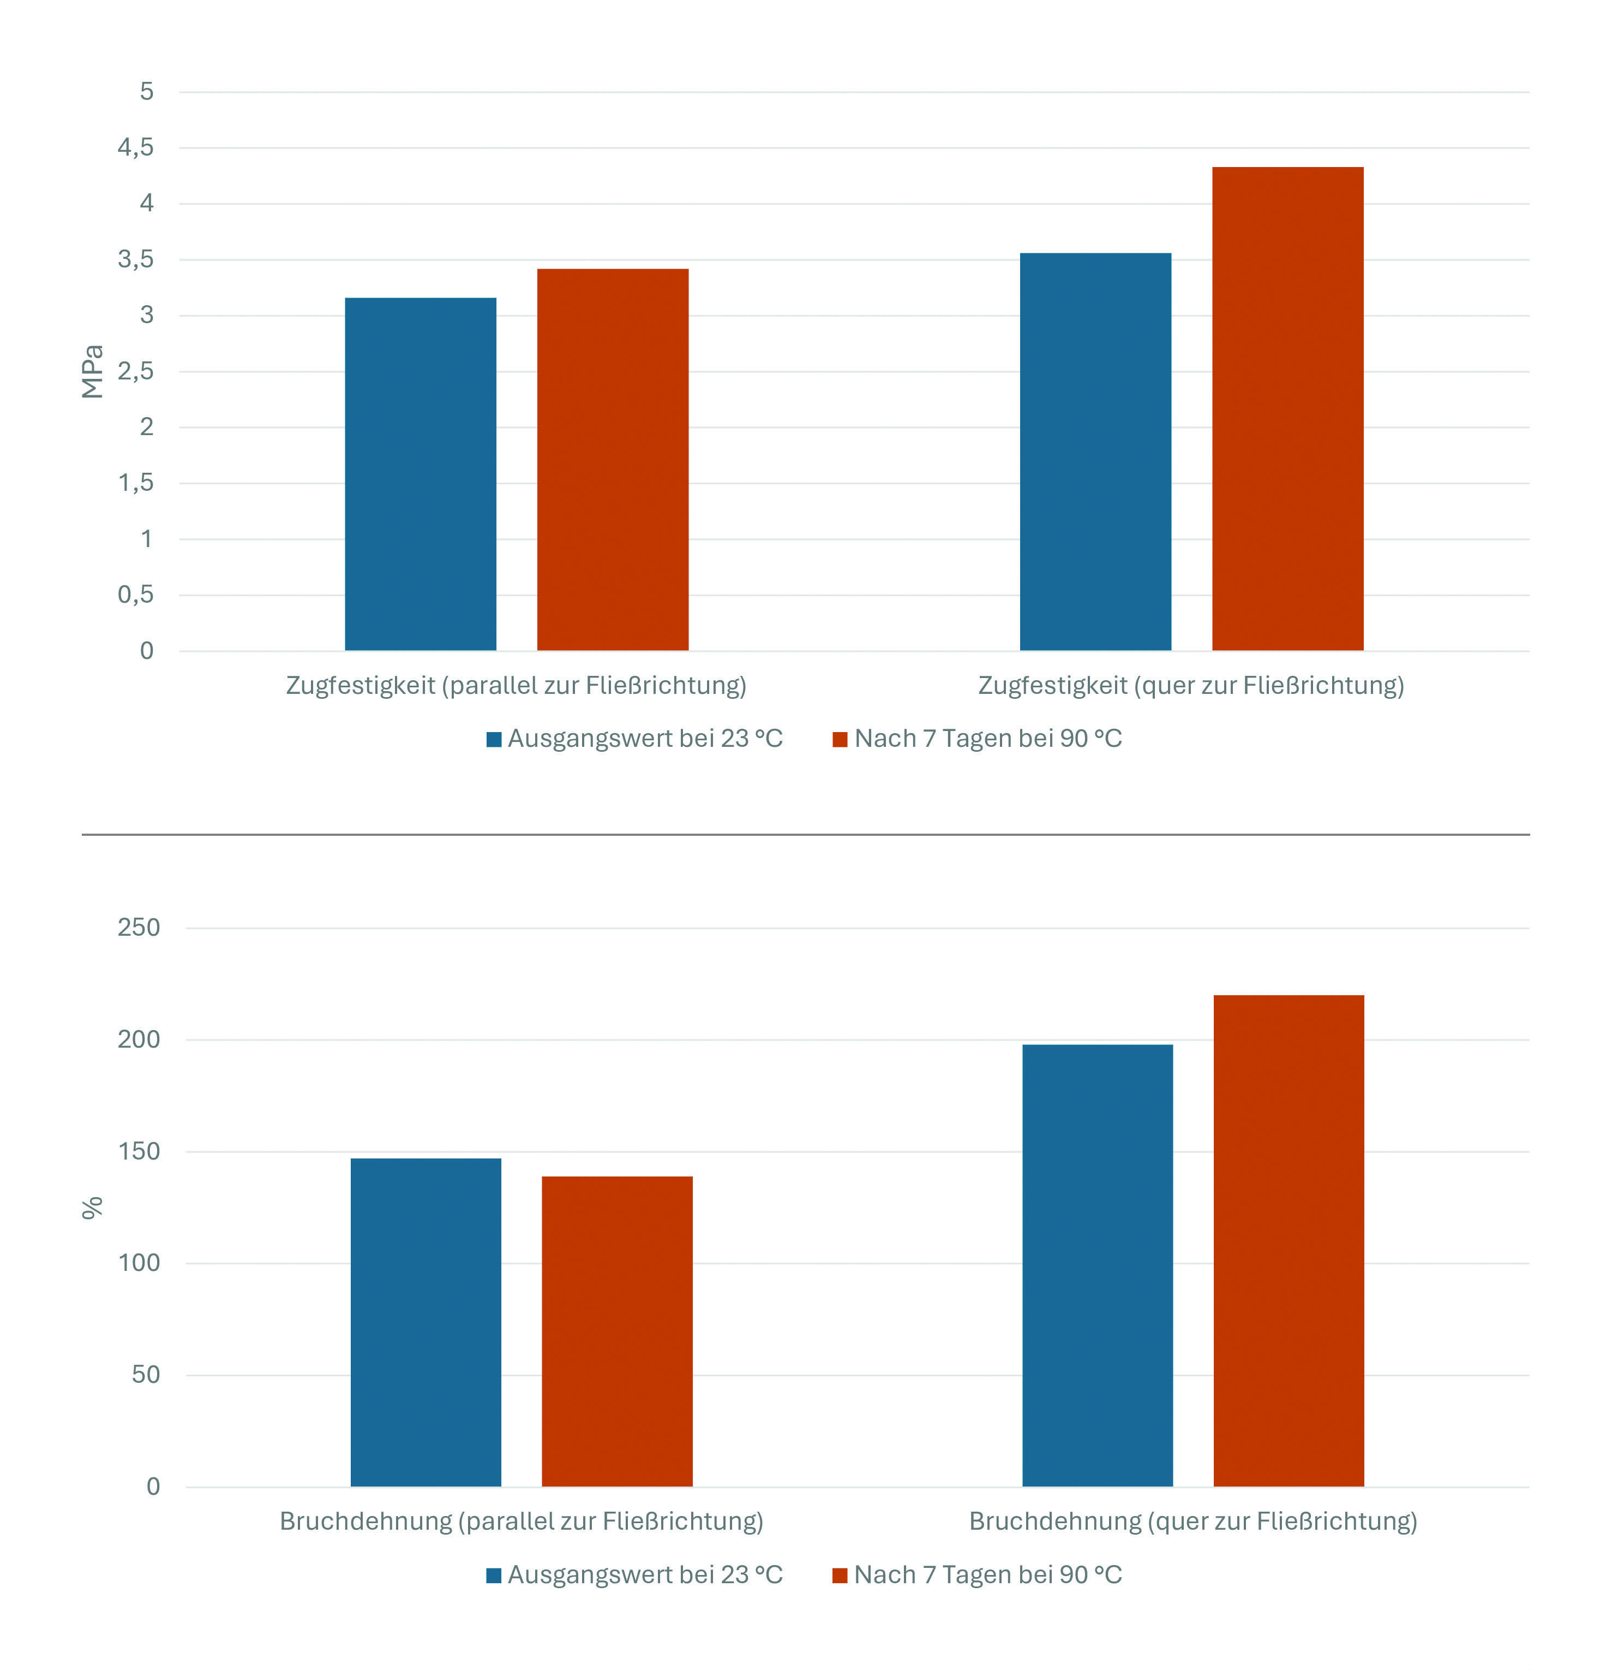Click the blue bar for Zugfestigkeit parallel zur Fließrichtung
point(420,474)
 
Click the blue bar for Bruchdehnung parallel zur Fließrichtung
point(426,1322)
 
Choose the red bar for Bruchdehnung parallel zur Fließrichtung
point(618,1332)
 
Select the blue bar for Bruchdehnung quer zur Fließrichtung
point(1098,1266)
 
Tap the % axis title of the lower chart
point(92,1208)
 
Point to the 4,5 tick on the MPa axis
point(136,147)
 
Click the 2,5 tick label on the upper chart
point(136,371)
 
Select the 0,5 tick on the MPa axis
point(136,595)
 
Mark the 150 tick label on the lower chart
point(139,1151)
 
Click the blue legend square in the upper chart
point(494,740)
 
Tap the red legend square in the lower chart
point(840,1576)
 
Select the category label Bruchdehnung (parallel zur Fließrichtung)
point(521,1522)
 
